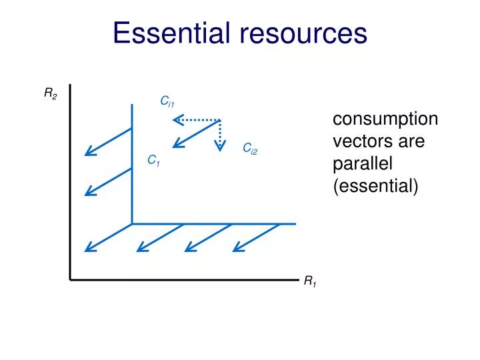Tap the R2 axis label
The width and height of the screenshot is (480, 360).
[51, 94]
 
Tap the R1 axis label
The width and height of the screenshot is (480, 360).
[310, 282]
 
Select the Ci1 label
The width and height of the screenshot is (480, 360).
[167, 101]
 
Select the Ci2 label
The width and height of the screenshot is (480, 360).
[249, 148]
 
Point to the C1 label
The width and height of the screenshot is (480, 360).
[153, 161]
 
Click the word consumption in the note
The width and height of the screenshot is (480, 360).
[385, 119]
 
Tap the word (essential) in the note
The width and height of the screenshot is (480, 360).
[375, 187]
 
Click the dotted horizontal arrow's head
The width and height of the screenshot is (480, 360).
[176, 120]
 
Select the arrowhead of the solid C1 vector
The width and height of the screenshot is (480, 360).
[175, 145]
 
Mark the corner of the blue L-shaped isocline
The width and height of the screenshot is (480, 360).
[132, 223]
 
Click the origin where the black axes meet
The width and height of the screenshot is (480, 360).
[70, 279]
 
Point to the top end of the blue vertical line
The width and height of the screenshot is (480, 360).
[132, 105]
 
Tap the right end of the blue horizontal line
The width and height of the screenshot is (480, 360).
[294, 223]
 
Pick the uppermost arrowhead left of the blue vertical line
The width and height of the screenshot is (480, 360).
[88, 153]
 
